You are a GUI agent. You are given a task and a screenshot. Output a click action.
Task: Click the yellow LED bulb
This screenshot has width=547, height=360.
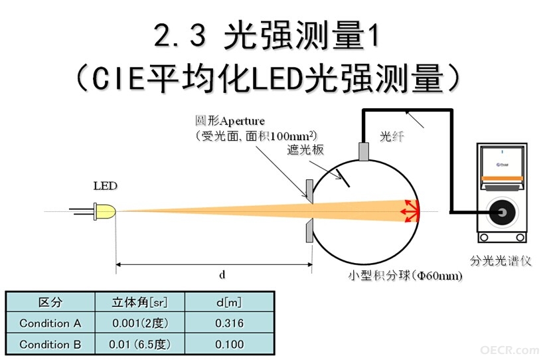pyautogui.click(x=105, y=212)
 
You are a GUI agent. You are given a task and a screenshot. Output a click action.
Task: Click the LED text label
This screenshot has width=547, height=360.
pyautogui.click(x=106, y=186)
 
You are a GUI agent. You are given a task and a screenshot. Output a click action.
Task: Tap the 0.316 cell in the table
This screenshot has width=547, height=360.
pyautogui.click(x=230, y=323)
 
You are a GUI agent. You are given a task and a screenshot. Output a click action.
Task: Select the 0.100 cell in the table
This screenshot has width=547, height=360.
pyautogui.click(x=230, y=344)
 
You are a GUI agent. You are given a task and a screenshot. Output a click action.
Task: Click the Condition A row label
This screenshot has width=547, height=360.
pyautogui.click(x=50, y=323)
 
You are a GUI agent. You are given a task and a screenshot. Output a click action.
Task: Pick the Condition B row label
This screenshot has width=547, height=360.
pyautogui.click(x=50, y=344)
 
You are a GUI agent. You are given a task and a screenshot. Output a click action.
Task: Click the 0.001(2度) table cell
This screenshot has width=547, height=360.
pyautogui.click(x=140, y=323)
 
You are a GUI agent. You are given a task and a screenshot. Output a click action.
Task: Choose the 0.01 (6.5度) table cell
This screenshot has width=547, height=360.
pyautogui.click(x=140, y=344)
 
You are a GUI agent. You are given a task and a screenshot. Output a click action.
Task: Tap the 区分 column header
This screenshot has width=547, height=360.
pyautogui.click(x=50, y=302)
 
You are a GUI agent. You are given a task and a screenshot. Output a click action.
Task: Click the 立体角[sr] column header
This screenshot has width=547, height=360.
pyautogui.click(x=140, y=302)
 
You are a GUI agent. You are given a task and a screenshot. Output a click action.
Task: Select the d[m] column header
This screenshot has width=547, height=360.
pyautogui.click(x=229, y=302)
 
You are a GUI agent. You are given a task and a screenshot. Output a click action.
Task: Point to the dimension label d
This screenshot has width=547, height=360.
pyautogui.click(x=222, y=275)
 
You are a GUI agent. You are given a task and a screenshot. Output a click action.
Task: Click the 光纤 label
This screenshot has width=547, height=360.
pyautogui.click(x=392, y=136)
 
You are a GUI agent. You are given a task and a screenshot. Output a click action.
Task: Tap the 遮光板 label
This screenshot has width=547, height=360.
pyautogui.click(x=305, y=149)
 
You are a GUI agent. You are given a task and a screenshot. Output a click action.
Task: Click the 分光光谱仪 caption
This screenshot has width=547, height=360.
pyautogui.click(x=501, y=261)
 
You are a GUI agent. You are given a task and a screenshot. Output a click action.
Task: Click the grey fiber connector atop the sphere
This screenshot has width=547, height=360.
pyautogui.click(x=364, y=151)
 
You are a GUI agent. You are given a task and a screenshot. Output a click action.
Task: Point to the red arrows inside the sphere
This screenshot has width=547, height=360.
pyautogui.click(x=410, y=211)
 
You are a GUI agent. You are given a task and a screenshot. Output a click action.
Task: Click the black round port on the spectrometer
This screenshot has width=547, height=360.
pyautogui.click(x=503, y=213)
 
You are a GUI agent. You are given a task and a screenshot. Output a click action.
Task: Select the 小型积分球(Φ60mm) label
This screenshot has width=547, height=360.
pyautogui.click(x=406, y=276)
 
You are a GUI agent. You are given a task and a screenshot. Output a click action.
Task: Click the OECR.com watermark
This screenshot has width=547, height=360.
pyautogui.click(x=510, y=350)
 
